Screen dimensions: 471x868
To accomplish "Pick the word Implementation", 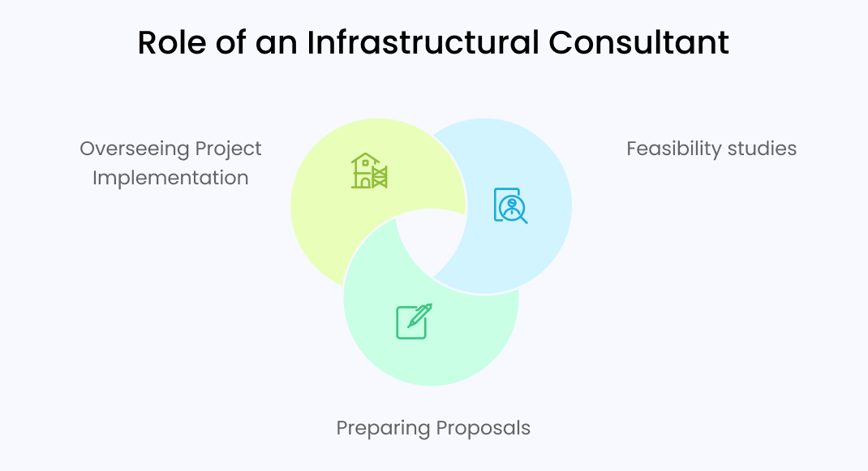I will coord(170,178).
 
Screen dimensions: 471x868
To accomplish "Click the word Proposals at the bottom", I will coord(483,428).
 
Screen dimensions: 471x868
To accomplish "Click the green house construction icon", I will coord(369,171).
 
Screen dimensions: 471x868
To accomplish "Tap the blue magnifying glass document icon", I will coord(510,205).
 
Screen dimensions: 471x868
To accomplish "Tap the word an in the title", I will coord(277,43).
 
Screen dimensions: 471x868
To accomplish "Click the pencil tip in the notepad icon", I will coord(410,325).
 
